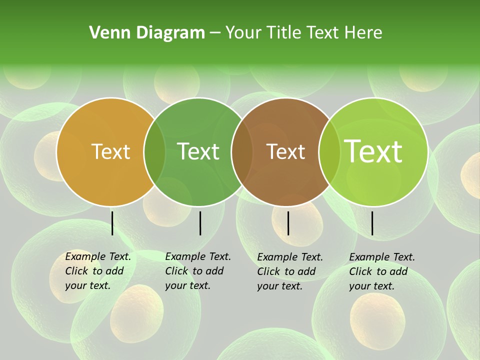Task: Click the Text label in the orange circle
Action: click(111, 151)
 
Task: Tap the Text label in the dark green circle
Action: click(198, 151)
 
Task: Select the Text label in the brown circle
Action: click(286, 151)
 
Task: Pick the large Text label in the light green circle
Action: click(373, 151)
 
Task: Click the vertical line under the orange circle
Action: click(112, 223)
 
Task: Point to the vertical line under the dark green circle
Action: click(200, 223)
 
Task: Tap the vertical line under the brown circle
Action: click(288, 223)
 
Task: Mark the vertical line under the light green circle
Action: click(372, 223)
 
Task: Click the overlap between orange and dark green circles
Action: click(155, 151)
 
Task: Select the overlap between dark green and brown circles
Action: click(242, 151)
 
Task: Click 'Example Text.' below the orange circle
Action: click(98, 256)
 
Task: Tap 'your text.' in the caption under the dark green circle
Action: click(187, 285)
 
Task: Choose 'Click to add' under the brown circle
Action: click(286, 271)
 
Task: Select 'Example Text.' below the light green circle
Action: click(382, 257)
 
